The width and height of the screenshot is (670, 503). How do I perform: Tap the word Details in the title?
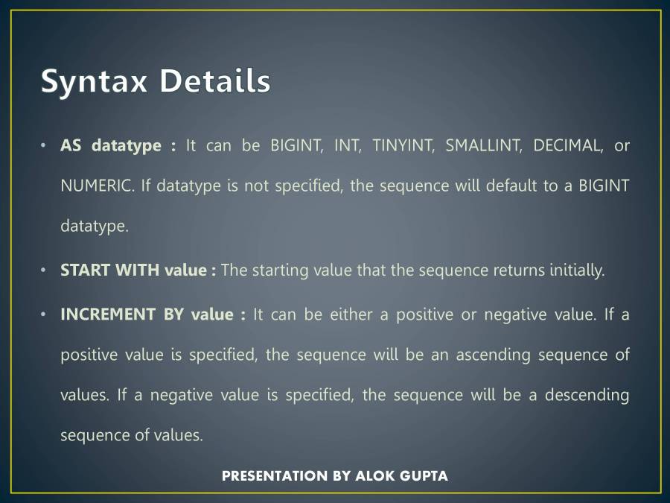click(214, 80)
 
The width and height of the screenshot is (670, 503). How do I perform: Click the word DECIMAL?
click(568, 145)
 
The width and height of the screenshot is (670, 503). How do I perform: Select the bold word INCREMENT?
click(107, 314)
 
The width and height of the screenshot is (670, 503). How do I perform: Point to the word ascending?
click(488, 355)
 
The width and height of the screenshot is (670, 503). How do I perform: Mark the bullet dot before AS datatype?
click(45, 145)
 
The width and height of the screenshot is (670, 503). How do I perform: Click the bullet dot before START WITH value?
click(45, 270)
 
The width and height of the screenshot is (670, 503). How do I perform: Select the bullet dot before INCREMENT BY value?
click(45, 314)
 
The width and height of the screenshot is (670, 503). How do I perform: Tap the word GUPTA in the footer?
click(424, 475)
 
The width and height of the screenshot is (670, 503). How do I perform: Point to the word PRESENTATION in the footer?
click(275, 475)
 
